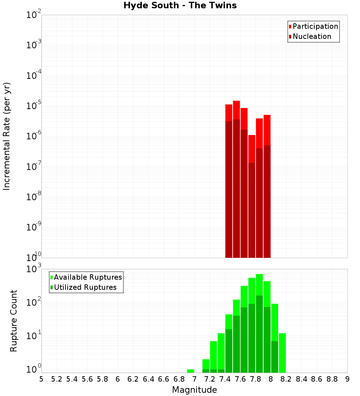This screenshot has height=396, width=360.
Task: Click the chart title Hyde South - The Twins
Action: tap(180, 6)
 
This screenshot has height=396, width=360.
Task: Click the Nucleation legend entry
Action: tap(311, 36)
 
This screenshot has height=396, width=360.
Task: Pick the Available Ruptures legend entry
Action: tap(87, 277)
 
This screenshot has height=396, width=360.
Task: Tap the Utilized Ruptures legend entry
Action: tap(85, 287)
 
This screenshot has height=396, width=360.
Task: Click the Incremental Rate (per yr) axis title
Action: tap(7, 136)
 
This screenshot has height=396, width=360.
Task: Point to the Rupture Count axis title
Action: tap(14, 321)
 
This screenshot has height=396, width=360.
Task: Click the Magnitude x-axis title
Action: tap(194, 390)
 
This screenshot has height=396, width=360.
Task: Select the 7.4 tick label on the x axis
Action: tap(225, 379)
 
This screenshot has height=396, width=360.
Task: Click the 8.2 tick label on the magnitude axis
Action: tap(286, 379)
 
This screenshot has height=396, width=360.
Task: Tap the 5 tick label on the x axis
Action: tap(41, 379)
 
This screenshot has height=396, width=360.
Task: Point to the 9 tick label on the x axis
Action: tap(347, 379)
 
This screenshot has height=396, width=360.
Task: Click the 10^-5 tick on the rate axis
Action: tap(34, 106)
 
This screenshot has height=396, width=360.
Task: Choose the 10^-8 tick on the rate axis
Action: tap(34, 197)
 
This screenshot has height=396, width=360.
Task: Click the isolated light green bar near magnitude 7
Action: tap(191, 371)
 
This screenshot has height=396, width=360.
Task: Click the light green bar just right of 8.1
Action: tap(282, 353)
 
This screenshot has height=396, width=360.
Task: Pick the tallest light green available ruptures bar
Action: tap(259, 284)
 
